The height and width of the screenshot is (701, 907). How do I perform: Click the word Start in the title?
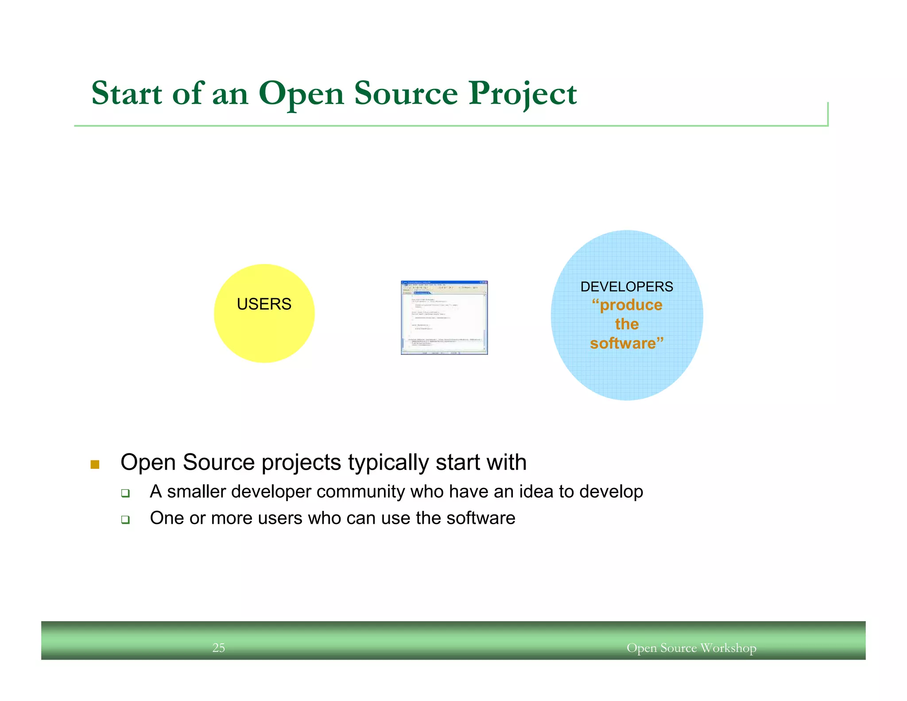coord(127,93)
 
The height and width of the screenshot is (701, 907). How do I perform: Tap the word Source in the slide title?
coord(406,93)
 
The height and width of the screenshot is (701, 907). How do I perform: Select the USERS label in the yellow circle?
coord(264,304)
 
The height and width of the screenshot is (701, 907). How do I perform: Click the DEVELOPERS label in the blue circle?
coord(627,287)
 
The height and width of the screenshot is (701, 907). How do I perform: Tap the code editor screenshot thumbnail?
coord(444,317)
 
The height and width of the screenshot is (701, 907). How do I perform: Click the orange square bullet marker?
coord(95,464)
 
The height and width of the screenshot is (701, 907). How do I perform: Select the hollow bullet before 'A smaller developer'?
coord(125,493)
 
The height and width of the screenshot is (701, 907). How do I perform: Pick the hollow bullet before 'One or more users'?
coord(125,519)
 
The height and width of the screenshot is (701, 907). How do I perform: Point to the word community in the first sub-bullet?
coord(360,491)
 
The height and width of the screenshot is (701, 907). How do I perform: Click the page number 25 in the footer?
coord(219,648)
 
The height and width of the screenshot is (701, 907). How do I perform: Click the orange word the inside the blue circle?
coord(627,324)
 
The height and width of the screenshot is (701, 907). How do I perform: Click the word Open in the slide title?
coord(301,94)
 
